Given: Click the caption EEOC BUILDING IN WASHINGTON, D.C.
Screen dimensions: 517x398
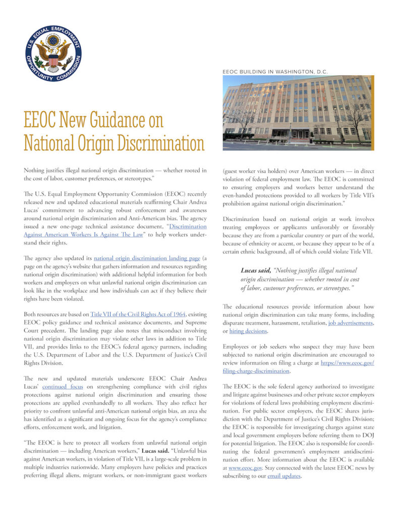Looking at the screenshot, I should (x=275, y=72).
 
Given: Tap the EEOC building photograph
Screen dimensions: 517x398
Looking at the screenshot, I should (x=298, y=112).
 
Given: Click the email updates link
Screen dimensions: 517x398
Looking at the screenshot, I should (x=284, y=476).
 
